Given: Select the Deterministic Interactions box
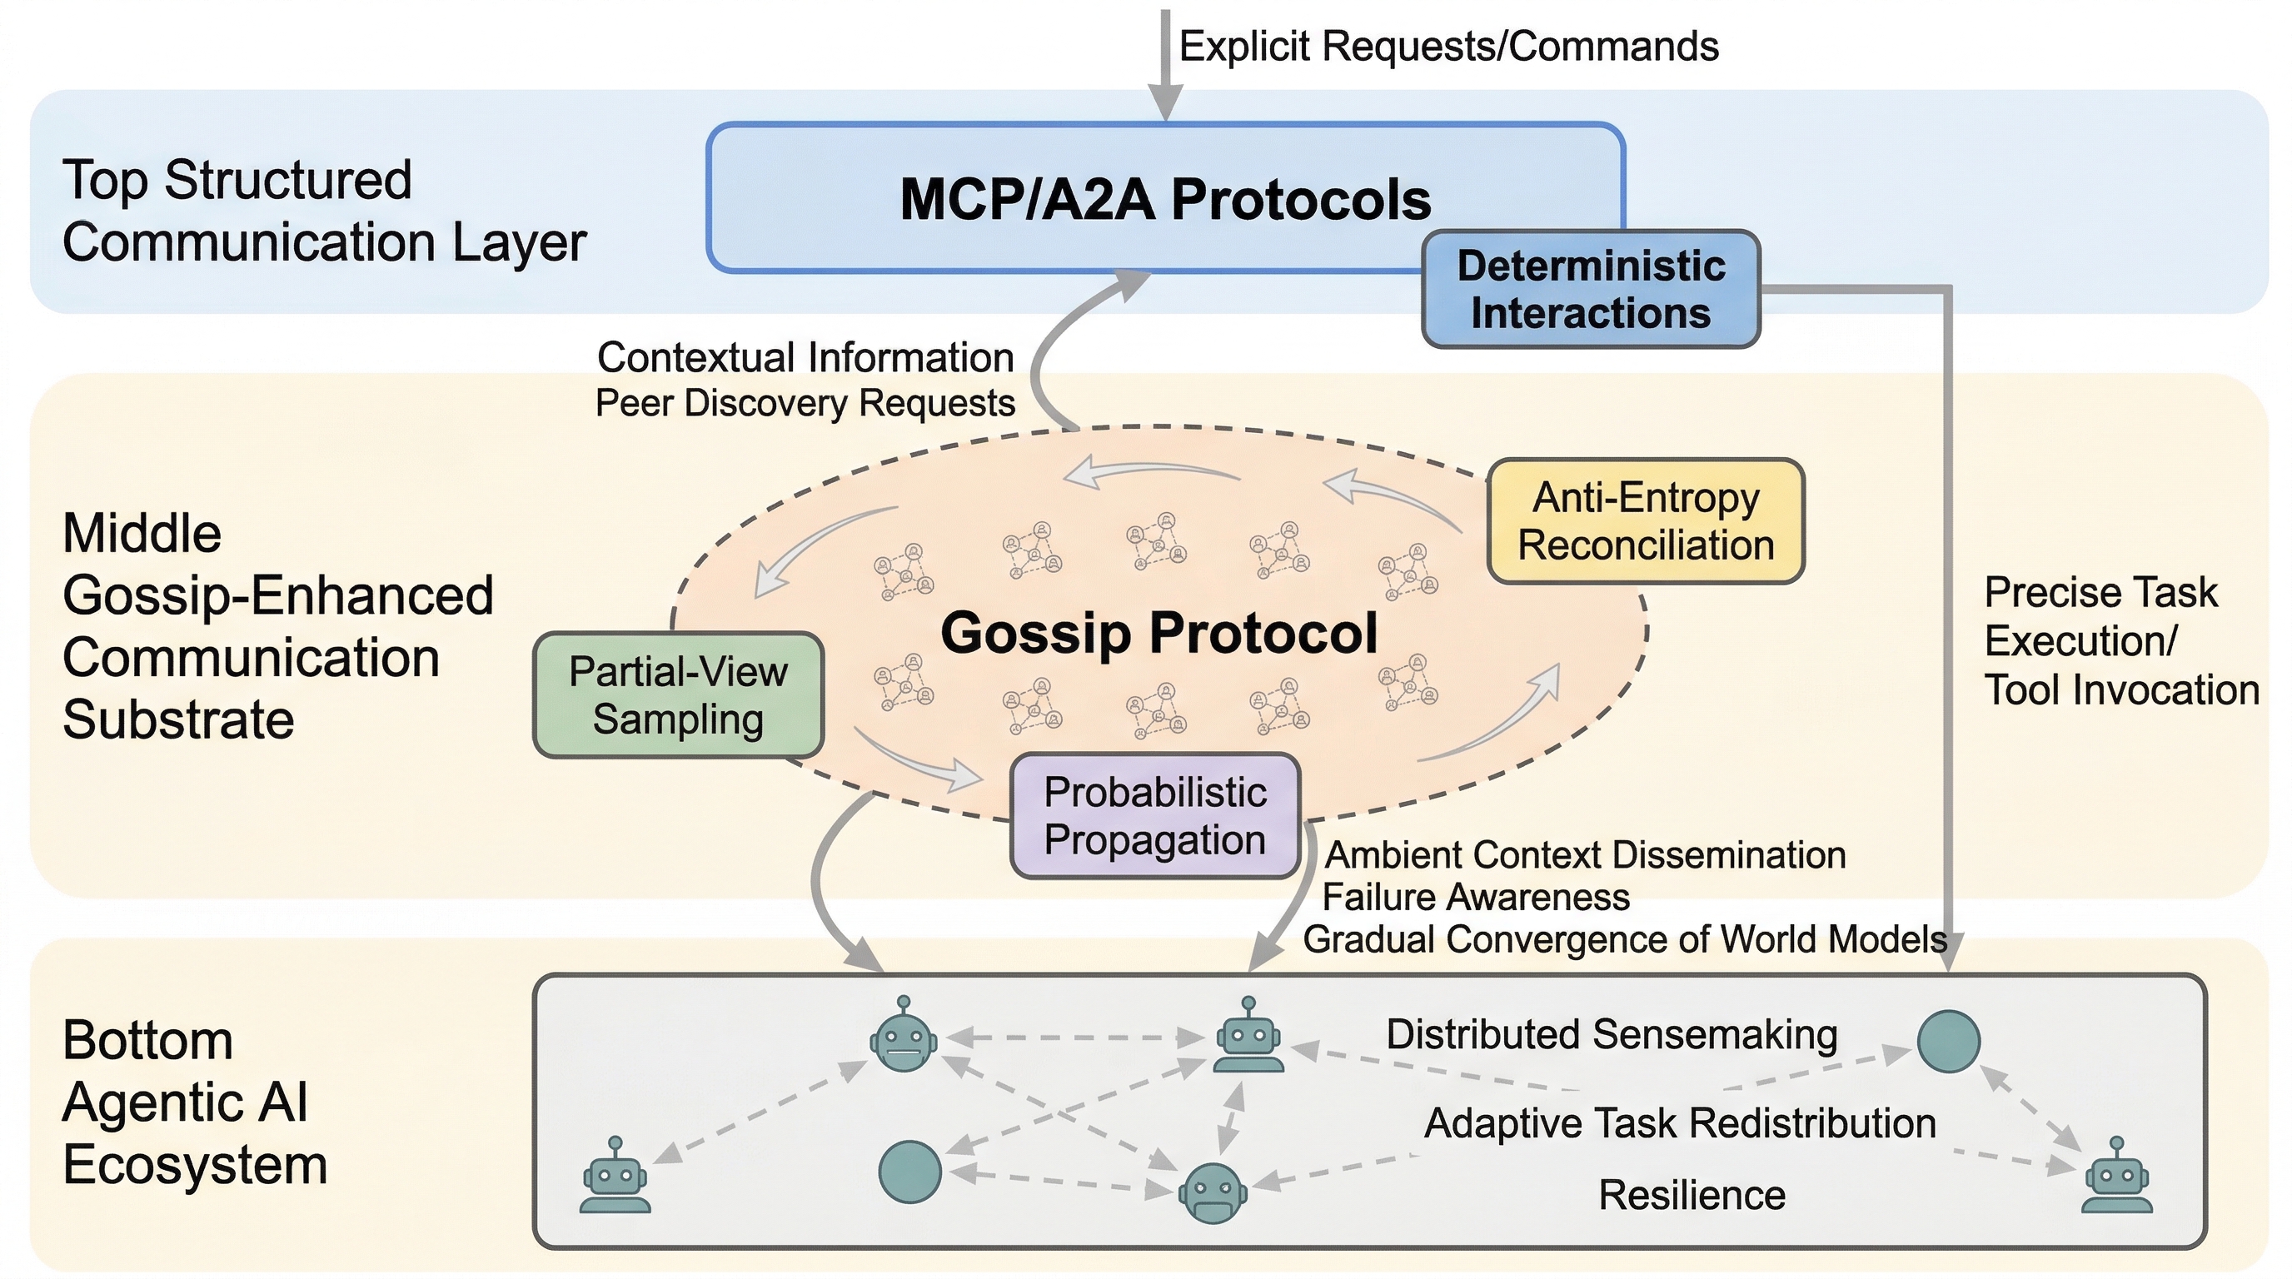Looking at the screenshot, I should point(1591,289).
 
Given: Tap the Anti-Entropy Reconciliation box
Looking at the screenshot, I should point(1646,521).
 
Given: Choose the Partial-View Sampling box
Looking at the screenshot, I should point(678,694).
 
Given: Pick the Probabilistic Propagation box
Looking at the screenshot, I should point(1155,815).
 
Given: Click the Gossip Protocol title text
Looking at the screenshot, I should point(1158,632).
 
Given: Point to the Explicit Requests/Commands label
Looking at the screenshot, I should point(1448,47).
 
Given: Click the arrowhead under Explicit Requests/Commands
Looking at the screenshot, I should point(1166,104).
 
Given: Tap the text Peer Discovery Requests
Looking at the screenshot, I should point(805,403).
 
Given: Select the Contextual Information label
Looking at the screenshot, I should point(805,357).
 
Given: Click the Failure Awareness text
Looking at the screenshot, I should point(1476,897).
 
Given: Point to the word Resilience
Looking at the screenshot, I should point(1692,1195).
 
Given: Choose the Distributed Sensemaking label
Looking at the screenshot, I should point(1612,1034).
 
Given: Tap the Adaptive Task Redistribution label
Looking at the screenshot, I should point(1680,1122).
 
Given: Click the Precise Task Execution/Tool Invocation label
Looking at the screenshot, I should point(2120,640).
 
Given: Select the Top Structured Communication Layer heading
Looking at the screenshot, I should point(324,211).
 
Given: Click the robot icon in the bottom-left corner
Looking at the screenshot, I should point(615,1176).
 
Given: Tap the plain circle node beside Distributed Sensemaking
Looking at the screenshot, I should point(1948,1041).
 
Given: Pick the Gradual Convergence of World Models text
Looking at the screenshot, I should point(1625,939).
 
